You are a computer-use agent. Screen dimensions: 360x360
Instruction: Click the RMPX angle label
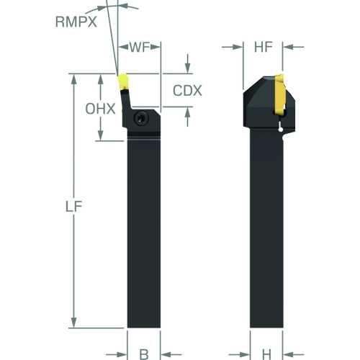point(76,22)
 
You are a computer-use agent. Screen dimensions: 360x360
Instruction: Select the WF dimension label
point(140,47)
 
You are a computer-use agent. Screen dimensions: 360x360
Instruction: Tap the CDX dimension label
point(187,91)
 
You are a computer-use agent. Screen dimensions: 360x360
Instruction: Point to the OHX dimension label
point(100,109)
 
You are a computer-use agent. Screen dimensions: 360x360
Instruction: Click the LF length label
point(74,207)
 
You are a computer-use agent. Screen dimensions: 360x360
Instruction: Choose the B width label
point(144,354)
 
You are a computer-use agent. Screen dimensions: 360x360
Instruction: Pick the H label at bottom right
point(266,354)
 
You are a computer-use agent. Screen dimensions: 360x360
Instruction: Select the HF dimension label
point(264,47)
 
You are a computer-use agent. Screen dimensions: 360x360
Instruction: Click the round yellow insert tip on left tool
point(123,79)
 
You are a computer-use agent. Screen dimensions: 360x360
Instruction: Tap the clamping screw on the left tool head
point(141,118)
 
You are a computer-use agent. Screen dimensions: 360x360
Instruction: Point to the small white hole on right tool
point(281,130)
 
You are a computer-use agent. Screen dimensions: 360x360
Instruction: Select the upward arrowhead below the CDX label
point(188,113)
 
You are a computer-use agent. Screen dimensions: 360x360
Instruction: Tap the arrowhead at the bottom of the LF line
point(74,322)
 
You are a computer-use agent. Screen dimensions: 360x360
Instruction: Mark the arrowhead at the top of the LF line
point(74,79)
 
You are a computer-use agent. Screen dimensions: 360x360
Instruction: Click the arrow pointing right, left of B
point(117,354)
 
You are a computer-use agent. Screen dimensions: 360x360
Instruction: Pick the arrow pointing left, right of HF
point(293,47)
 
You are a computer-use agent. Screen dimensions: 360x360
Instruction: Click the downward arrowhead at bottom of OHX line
point(101,135)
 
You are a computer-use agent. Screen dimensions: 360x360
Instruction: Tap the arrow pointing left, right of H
point(293,354)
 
